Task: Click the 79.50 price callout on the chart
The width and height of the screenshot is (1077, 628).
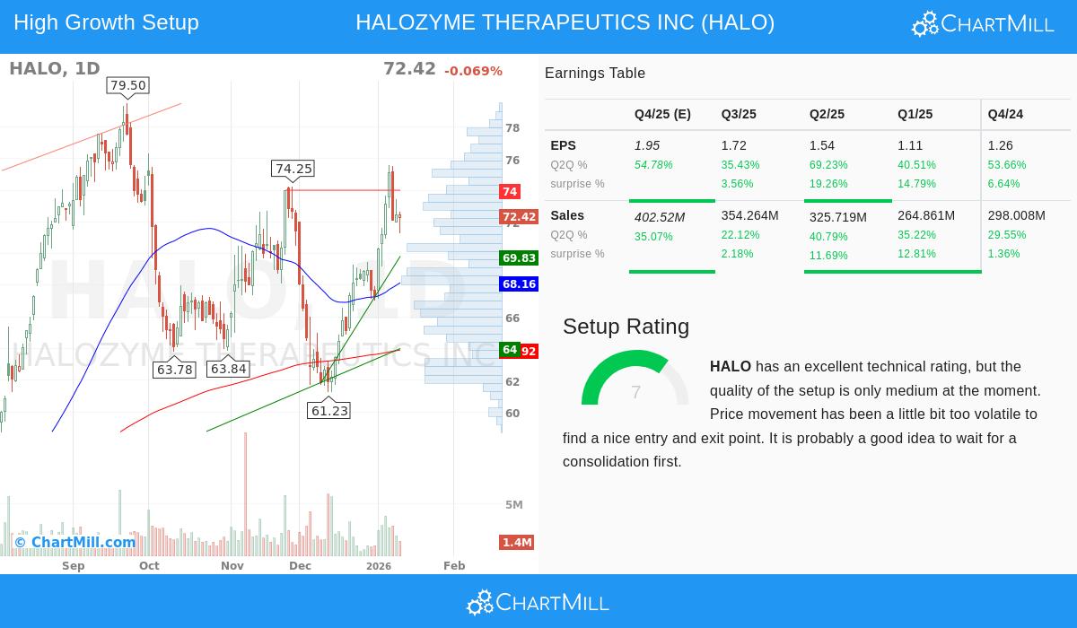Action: point(127,85)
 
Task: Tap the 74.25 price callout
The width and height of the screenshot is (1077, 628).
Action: point(293,169)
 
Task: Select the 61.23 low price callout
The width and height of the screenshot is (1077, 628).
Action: point(328,410)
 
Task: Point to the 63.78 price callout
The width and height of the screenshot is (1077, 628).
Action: point(174,369)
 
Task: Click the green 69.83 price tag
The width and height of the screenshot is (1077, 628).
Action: point(519,258)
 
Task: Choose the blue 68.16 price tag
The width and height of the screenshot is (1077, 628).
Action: point(519,284)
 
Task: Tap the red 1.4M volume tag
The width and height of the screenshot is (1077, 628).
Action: point(517,542)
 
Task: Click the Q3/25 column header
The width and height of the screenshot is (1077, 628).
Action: point(739,114)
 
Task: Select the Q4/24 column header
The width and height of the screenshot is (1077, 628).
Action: point(1005,114)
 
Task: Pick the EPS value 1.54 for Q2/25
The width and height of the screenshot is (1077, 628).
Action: point(822,145)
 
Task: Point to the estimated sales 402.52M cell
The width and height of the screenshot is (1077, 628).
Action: point(660,216)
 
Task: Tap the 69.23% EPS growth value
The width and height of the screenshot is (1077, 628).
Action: point(828,165)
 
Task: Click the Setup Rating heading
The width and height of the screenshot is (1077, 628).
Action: point(626,327)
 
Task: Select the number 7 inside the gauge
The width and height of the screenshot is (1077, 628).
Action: point(635,392)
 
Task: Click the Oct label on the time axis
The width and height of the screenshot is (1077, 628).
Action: point(149,565)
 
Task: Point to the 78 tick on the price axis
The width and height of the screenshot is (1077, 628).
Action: point(512,128)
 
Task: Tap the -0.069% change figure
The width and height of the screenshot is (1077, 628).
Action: point(473,71)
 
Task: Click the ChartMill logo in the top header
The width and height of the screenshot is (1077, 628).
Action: point(983,24)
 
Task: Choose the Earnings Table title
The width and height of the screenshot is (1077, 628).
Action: point(595,74)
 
